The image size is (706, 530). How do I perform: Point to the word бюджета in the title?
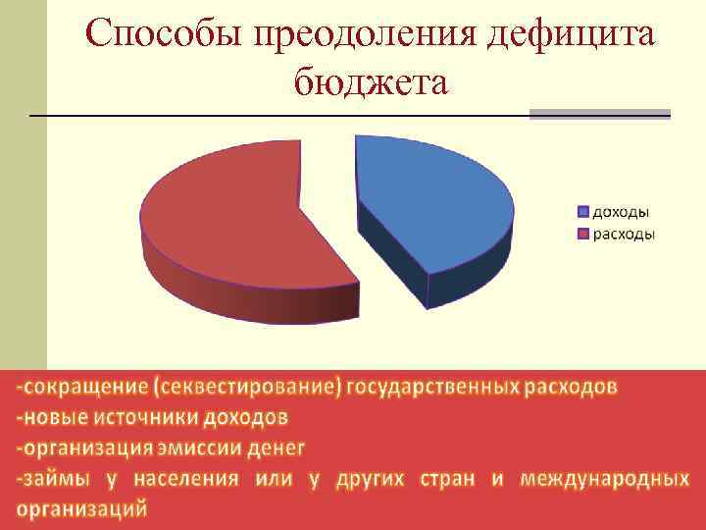370,81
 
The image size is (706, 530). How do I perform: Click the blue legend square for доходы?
583,211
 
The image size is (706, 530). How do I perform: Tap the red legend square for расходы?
583,235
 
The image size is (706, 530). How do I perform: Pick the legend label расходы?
623,235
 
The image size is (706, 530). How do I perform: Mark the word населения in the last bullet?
185,479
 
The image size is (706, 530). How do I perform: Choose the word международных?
604,479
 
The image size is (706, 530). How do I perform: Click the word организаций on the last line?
82,509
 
